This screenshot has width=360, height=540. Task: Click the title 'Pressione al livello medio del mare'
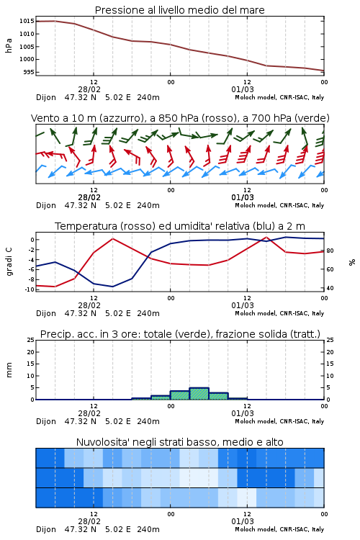tap(179, 10)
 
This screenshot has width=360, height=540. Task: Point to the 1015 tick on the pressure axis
tap(27, 21)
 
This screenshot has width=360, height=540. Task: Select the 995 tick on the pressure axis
tap(29, 72)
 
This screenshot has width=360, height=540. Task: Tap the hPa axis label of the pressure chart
tap(9, 46)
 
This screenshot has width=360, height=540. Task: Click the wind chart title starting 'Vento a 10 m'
tap(180, 118)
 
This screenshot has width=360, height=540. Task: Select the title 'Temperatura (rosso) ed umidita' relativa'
tap(180, 226)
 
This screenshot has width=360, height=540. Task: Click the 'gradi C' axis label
tap(9, 262)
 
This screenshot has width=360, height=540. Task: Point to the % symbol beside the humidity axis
tap(352, 262)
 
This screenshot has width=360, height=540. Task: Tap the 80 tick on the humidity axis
tap(330, 251)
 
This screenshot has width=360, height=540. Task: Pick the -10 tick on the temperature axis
tap(30, 289)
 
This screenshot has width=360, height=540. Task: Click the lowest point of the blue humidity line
tap(112, 287)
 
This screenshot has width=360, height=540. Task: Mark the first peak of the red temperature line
tap(112, 238)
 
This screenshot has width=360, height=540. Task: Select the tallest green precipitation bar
tap(199, 394)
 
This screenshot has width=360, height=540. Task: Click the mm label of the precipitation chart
tap(9, 370)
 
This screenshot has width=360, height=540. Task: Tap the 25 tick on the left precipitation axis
tap(31, 340)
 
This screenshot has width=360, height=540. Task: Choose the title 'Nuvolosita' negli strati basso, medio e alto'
tap(179, 442)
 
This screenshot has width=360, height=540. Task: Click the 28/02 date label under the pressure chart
tap(89, 89)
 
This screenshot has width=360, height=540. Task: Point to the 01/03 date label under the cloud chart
tap(243, 521)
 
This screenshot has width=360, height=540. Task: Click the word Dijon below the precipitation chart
tap(46, 421)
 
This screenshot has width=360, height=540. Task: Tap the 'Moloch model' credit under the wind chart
tap(256, 205)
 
